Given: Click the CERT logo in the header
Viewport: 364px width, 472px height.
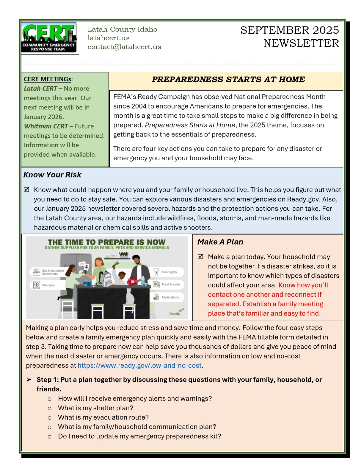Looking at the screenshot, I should point(49,38).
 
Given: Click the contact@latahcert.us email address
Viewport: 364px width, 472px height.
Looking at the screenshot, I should point(124,47).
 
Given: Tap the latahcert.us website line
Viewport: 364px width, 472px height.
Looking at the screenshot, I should point(109,38).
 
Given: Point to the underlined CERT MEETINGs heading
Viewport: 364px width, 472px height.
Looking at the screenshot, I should point(48,79).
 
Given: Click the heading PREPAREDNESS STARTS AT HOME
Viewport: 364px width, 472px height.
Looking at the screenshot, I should point(228,80).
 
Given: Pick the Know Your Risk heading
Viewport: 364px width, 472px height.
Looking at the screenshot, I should point(52,175).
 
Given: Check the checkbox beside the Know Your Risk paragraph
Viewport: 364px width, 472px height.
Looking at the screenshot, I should point(27,190).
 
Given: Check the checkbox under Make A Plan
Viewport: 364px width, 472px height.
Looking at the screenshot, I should point(201,257).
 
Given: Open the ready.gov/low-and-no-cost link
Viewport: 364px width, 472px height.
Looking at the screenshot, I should point(139,366).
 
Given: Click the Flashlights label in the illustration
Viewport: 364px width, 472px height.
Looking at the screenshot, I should point(169,272).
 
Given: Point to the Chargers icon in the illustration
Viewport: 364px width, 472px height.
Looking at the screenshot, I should point(37,285).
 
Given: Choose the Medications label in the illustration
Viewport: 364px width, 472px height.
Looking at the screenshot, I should point(170,297).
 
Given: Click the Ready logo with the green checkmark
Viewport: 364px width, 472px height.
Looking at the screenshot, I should point(176,312).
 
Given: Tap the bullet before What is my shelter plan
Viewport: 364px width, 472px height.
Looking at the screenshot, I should point(50,408).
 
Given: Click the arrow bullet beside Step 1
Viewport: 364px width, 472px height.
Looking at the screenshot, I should point(29,380).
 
